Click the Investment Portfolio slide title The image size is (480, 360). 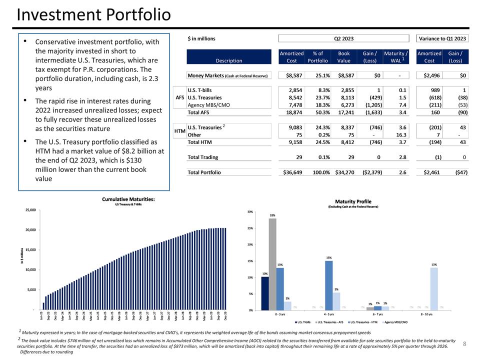93,15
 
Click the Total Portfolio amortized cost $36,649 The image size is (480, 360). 291,172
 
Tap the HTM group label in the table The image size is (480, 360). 179,131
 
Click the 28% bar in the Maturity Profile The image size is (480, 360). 272,264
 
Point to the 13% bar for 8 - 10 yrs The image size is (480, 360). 434,289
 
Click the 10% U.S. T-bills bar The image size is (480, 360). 265,293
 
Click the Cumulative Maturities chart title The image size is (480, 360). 128,199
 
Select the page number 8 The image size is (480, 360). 464,343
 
